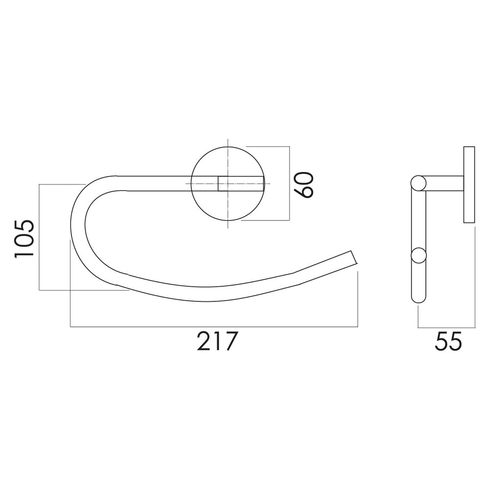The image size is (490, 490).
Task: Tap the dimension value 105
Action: (x=24, y=239)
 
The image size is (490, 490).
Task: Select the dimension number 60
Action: (x=303, y=184)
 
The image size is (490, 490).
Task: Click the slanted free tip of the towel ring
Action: (x=354, y=257)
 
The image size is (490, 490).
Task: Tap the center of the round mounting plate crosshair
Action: (x=228, y=183)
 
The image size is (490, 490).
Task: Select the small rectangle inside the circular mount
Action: (x=241, y=183)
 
